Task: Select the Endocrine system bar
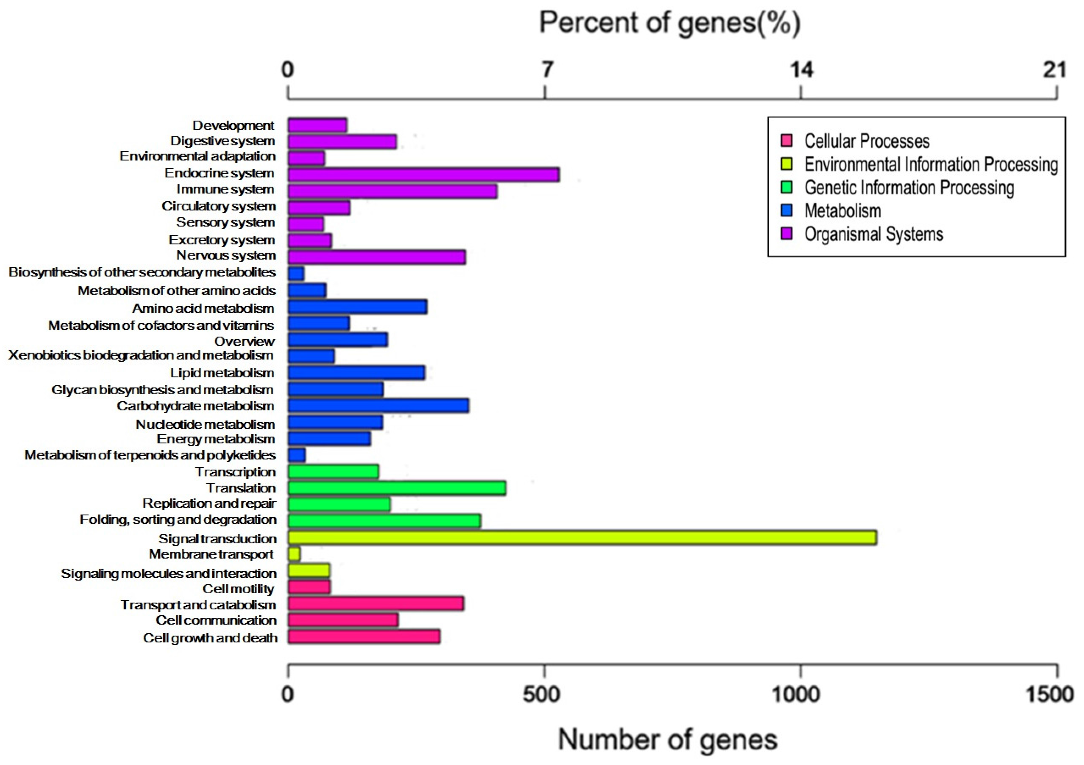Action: (x=423, y=174)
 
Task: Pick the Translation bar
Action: (x=397, y=488)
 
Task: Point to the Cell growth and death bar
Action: (x=364, y=637)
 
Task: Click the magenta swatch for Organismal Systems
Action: (x=786, y=234)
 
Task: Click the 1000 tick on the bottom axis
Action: (x=801, y=695)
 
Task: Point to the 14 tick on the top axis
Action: (x=801, y=70)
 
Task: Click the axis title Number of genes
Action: (x=667, y=739)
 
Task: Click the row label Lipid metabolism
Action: (x=222, y=373)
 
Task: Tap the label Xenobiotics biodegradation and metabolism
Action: (x=141, y=355)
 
